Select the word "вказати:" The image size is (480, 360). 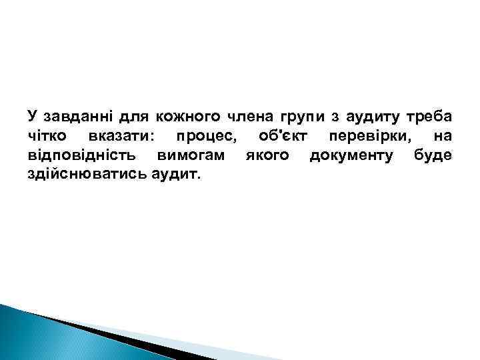119,136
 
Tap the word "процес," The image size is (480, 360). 205,136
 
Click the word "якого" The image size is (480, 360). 267,155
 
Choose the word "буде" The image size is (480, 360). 433,155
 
